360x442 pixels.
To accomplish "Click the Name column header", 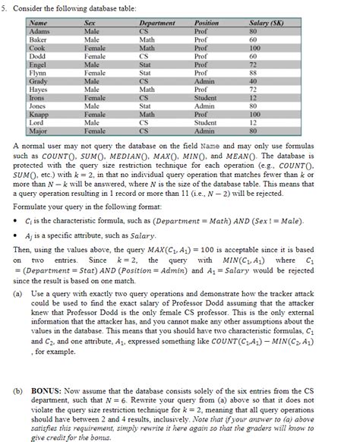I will click(x=39, y=24).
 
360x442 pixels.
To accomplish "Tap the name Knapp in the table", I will click(x=39, y=114).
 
